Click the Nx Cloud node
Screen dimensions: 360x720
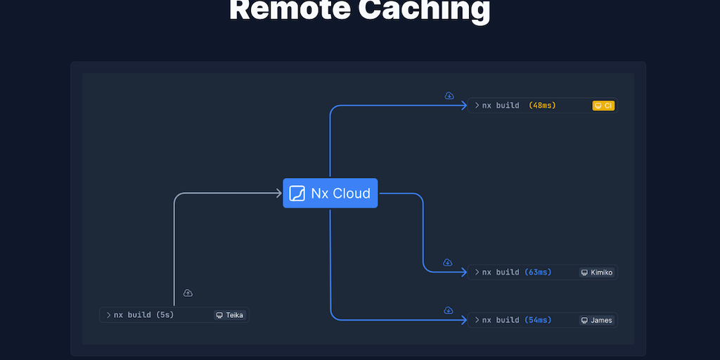tap(330, 193)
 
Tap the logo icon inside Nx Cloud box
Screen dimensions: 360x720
tap(297, 193)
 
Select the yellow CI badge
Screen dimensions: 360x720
tap(604, 105)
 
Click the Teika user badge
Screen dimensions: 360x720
tap(230, 315)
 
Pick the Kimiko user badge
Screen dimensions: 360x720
tap(597, 272)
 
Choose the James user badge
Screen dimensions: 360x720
tap(597, 320)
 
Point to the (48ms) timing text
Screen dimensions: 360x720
tap(542, 105)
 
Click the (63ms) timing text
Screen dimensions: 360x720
tap(538, 272)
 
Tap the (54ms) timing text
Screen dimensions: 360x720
tap(538, 320)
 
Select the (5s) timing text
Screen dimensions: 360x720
tap(165, 315)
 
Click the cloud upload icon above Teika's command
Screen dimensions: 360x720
tap(188, 292)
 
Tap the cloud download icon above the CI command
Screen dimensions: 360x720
tap(449, 96)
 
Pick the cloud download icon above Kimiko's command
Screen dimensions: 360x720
tap(448, 262)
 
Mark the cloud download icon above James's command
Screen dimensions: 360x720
tap(448, 310)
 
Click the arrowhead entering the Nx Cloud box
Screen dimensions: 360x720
tap(278, 193)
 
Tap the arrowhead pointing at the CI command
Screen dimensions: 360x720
tap(464, 105)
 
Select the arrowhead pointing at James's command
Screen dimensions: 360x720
tap(464, 320)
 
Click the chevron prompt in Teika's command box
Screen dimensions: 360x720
tap(108, 315)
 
